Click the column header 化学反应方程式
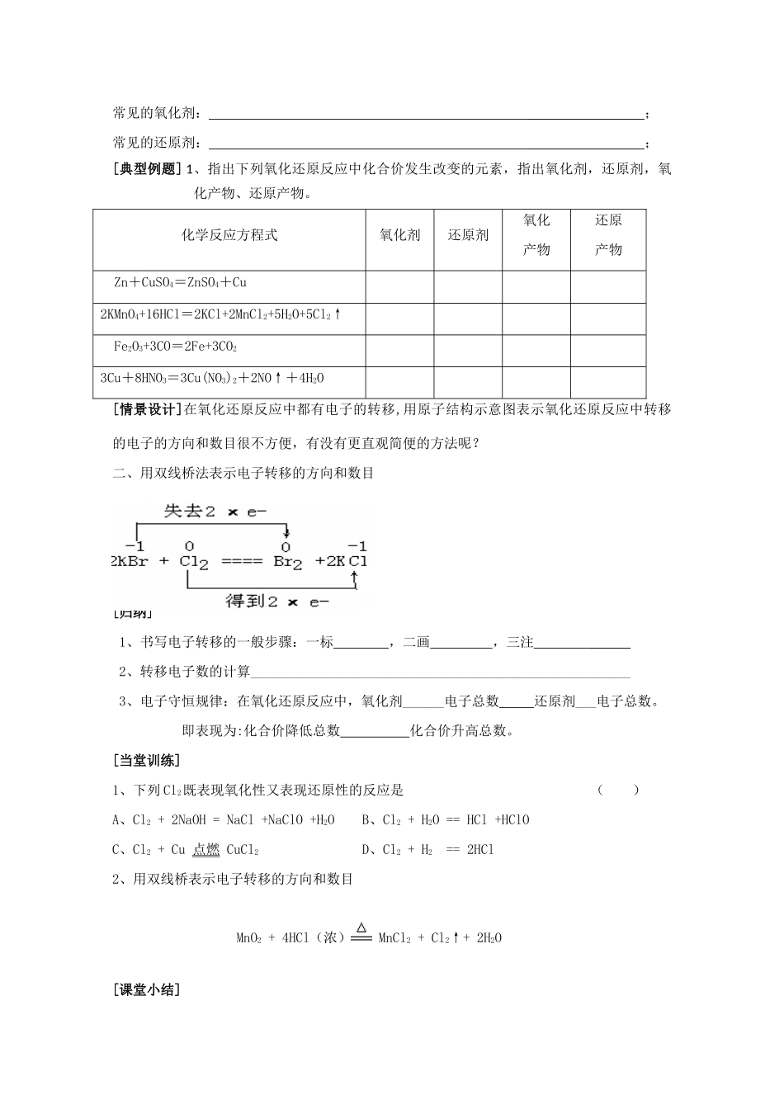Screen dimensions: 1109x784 [229, 235]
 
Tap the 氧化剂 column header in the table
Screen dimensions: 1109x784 [399, 235]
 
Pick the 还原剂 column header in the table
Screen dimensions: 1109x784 [468, 235]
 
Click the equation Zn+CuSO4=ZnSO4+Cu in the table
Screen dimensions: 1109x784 [181, 283]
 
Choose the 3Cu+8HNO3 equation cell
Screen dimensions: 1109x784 [212, 379]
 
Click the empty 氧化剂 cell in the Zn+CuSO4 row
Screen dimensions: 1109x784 [399, 286]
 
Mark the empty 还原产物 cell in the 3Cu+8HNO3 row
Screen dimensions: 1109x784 [608, 381]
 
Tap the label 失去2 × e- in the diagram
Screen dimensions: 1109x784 [215, 512]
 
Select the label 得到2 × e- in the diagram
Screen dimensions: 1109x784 [276, 601]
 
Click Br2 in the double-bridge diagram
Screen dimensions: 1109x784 [288, 562]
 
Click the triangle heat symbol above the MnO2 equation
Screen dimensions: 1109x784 [361, 927]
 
